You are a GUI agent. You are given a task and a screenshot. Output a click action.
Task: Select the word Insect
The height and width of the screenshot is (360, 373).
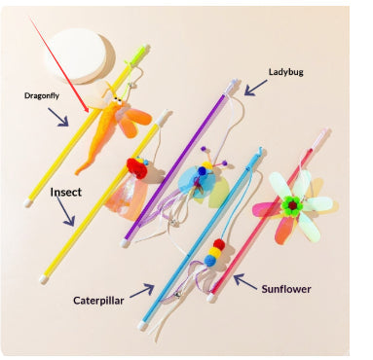(x=65, y=193)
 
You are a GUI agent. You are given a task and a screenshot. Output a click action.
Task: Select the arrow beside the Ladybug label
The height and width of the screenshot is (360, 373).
(x=256, y=89)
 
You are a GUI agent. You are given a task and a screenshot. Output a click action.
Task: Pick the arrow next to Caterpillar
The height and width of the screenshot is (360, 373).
(x=142, y=289)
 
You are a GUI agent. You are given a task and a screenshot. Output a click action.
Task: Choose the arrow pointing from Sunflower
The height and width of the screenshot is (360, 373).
(x=243, y=285)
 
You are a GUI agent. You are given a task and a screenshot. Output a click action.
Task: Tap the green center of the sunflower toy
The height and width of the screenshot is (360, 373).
(x=290, y=205)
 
